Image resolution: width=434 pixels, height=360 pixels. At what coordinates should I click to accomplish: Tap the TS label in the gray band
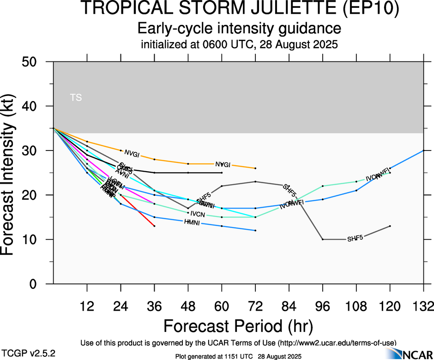tap(76, 97)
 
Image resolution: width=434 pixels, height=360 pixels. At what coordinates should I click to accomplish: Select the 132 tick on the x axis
tap(423, 306)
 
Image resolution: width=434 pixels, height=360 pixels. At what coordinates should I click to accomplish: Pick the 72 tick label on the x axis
tap(255, 306)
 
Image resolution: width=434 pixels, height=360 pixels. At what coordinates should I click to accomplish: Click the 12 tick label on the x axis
tap(87, 306)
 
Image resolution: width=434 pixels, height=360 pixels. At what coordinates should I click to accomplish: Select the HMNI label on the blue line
tap(192, 222)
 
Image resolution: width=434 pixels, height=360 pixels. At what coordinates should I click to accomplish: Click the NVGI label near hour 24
tap(132, 154)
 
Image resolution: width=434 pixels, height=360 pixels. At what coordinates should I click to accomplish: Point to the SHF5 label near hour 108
tap(355, 239)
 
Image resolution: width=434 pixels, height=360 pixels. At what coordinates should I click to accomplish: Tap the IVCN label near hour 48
tap(198, 214)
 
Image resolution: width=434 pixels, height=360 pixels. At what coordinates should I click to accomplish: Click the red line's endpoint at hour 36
tap(155, 226)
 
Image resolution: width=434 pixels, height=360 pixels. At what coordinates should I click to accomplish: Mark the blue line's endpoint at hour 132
tap(423, 150)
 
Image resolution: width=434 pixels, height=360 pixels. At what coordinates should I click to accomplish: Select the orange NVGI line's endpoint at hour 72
tap(255, 168)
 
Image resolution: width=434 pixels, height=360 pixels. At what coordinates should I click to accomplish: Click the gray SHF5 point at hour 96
tap(323, 240)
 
